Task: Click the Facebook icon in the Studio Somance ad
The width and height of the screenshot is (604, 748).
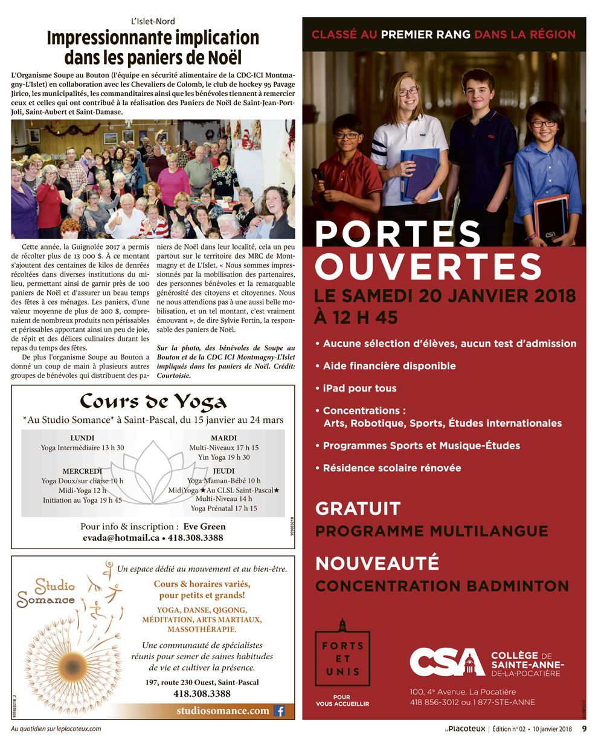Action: point(279,711)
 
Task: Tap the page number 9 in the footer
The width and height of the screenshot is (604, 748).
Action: point(584,729)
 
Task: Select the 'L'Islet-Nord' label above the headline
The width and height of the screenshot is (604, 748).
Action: point(153,21)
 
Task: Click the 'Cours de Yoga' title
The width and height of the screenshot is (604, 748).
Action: point(153,401)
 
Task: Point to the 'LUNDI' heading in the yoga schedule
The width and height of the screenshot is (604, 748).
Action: point(82,437)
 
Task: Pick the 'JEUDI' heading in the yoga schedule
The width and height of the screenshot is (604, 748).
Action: point(223,471)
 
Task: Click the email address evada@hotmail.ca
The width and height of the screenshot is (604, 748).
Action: point(121,538)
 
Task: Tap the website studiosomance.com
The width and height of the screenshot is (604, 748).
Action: point(222,711)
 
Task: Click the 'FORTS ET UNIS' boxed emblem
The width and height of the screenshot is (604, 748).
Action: point(342,659)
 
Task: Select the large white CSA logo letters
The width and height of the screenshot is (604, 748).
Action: point(447,663)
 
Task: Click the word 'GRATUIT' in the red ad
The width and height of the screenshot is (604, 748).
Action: point(358,509)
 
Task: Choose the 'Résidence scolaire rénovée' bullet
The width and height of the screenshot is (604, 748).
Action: point(392,468)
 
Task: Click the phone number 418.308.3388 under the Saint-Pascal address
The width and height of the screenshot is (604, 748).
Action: point(202,694)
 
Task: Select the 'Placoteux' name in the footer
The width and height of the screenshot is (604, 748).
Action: point(466,729)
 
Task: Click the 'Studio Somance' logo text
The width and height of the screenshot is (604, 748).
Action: point(47,593)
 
